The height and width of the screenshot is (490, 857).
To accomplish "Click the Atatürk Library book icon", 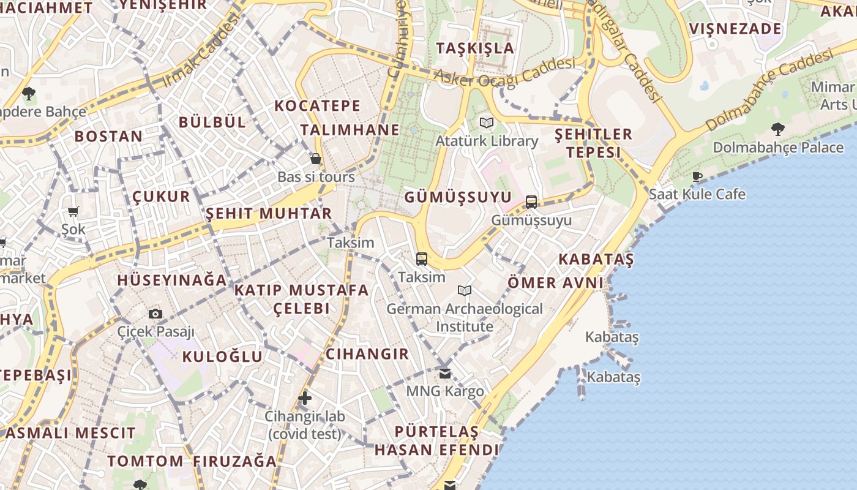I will [487, 123].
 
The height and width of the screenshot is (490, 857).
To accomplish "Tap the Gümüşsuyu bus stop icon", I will [531, 202].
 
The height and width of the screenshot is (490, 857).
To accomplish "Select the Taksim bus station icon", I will [422, 258].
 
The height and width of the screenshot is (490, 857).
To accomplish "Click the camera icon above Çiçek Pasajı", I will [155, 314].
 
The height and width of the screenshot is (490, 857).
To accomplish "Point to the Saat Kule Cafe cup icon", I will [697, 176].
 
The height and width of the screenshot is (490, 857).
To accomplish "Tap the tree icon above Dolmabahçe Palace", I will [777, 129].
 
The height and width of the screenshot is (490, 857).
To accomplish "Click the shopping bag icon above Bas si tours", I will [316, 159].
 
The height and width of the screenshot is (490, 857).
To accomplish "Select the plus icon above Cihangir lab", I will [304, 398].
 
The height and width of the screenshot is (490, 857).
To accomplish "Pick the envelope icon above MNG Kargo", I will [445, 372].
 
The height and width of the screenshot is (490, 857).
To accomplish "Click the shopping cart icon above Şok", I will [73, 211].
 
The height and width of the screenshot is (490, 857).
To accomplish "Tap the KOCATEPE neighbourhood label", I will [317, 105].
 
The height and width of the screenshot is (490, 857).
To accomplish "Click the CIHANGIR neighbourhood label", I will [367, 353].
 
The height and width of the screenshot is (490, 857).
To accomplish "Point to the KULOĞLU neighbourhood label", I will [222, 356].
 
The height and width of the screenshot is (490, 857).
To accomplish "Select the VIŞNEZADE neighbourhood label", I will [735, 29].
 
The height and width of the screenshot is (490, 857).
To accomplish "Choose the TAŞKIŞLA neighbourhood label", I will [475, 48].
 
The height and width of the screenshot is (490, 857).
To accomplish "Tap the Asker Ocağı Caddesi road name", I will [505, 72].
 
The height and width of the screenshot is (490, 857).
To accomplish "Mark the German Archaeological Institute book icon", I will [465, 290].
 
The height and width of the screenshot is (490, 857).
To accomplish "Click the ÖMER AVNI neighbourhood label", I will [555, 282].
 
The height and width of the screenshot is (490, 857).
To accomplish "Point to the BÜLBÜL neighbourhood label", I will [212, 122].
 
